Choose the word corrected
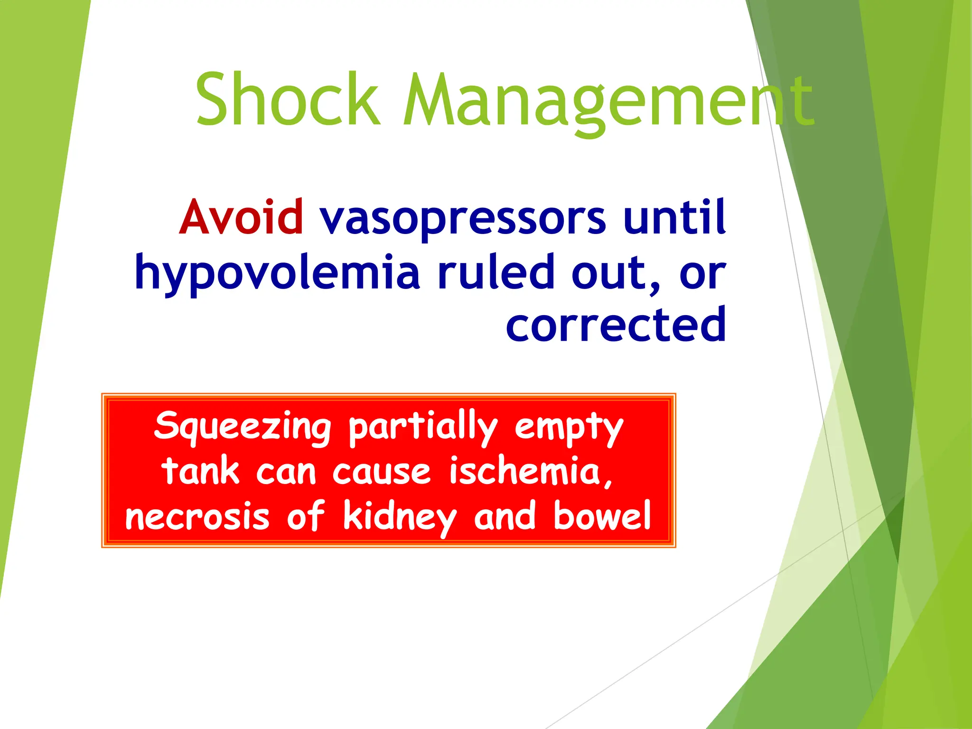point(616,325)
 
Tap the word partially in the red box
point(423,427)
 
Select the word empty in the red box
point(569,427)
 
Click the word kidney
point(399,517)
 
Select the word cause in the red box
point(381,472)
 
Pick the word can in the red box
point(286,472)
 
